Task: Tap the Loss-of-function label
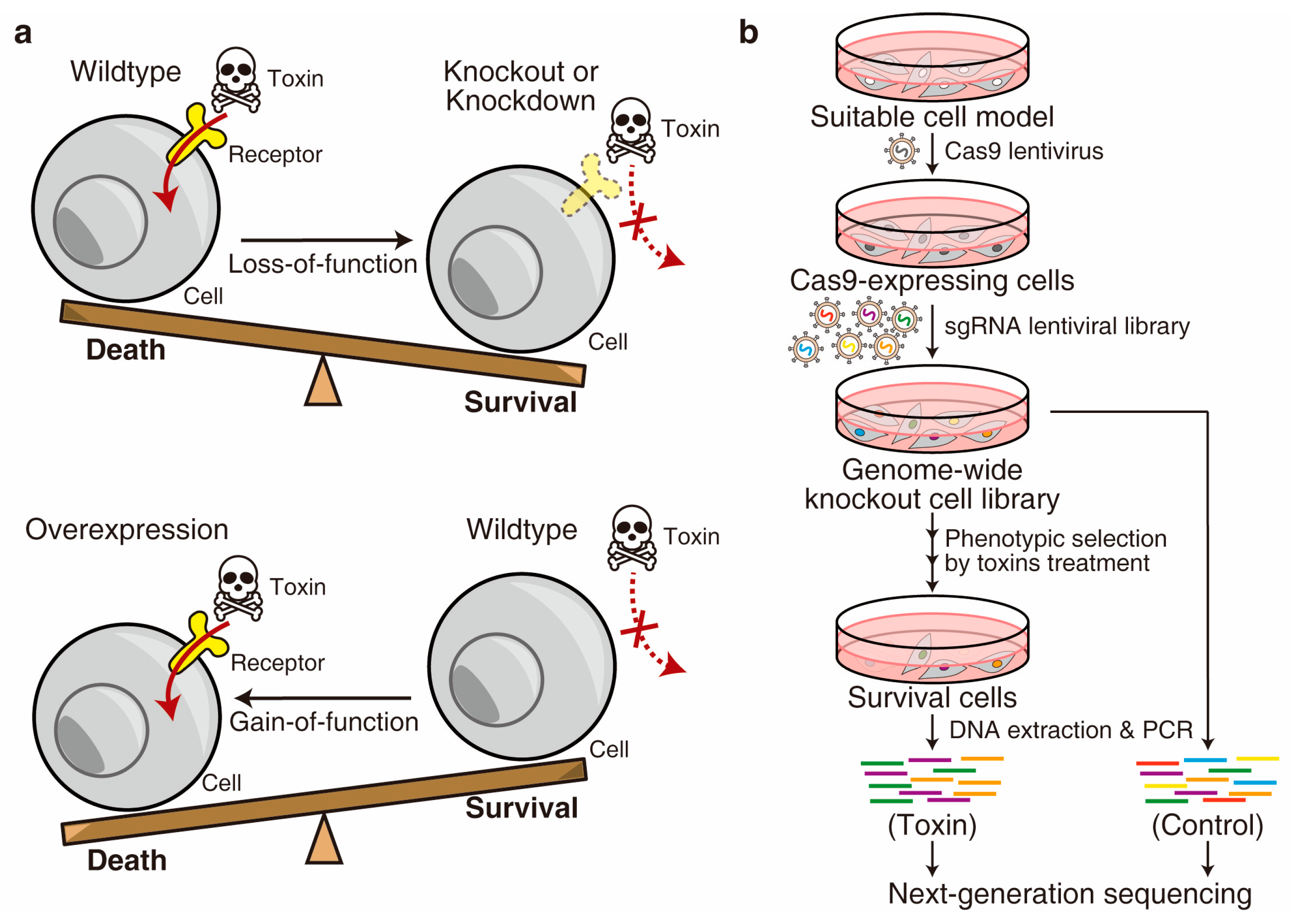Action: point(322,264)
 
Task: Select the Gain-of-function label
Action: point(324,722)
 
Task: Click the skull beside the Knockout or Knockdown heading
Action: point(630,130)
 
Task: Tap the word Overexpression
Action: point(127,529)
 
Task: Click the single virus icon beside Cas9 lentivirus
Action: point(901,151)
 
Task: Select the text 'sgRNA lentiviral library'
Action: point(1067,326)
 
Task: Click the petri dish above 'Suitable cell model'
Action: point(932,56)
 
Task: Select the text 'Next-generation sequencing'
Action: point(1069,894)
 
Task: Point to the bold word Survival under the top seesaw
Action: point(520,402)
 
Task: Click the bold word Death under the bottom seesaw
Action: point(127,860)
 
